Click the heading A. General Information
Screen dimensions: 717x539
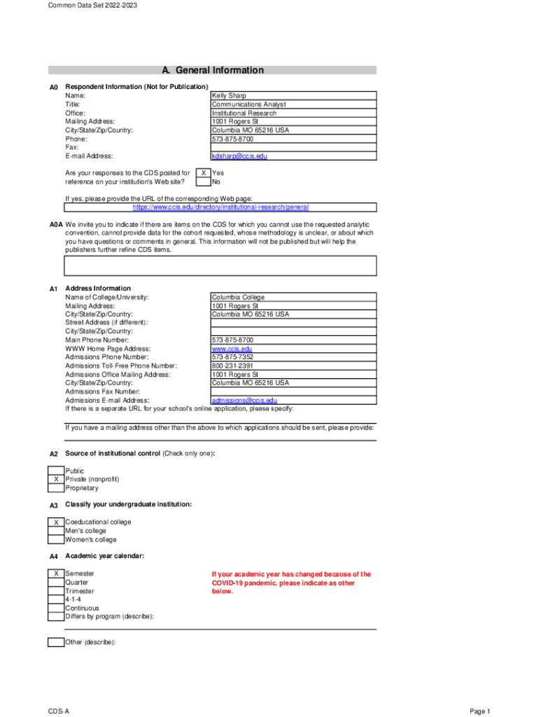[x=212, y=70]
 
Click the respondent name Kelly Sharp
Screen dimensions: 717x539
[x=229, y=95]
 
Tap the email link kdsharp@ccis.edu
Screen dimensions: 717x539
[x=239, y=156]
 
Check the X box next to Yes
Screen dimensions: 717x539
[x=203, y=172]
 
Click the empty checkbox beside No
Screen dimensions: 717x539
[x=203, y=182]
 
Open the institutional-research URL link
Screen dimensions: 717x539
[x=220, y=207]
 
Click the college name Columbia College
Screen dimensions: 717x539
[x=238, y=297]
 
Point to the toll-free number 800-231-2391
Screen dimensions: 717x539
[x=232, y=366]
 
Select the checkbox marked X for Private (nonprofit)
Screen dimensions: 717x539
[x=56, y=479]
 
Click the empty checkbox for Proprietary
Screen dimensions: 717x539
[x=56, y=488]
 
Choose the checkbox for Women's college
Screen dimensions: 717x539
[x=56, y=540]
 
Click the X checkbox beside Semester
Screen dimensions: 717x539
[x=56, y=574]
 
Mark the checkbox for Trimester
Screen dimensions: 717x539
[x=56, y=591]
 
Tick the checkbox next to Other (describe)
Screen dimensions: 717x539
[x=56, y=642]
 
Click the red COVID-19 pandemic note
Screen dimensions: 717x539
[x=291, y=583]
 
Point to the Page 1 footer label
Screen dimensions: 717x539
[x=480, y=711]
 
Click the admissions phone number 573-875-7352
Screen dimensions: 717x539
[x=232, y=357]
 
